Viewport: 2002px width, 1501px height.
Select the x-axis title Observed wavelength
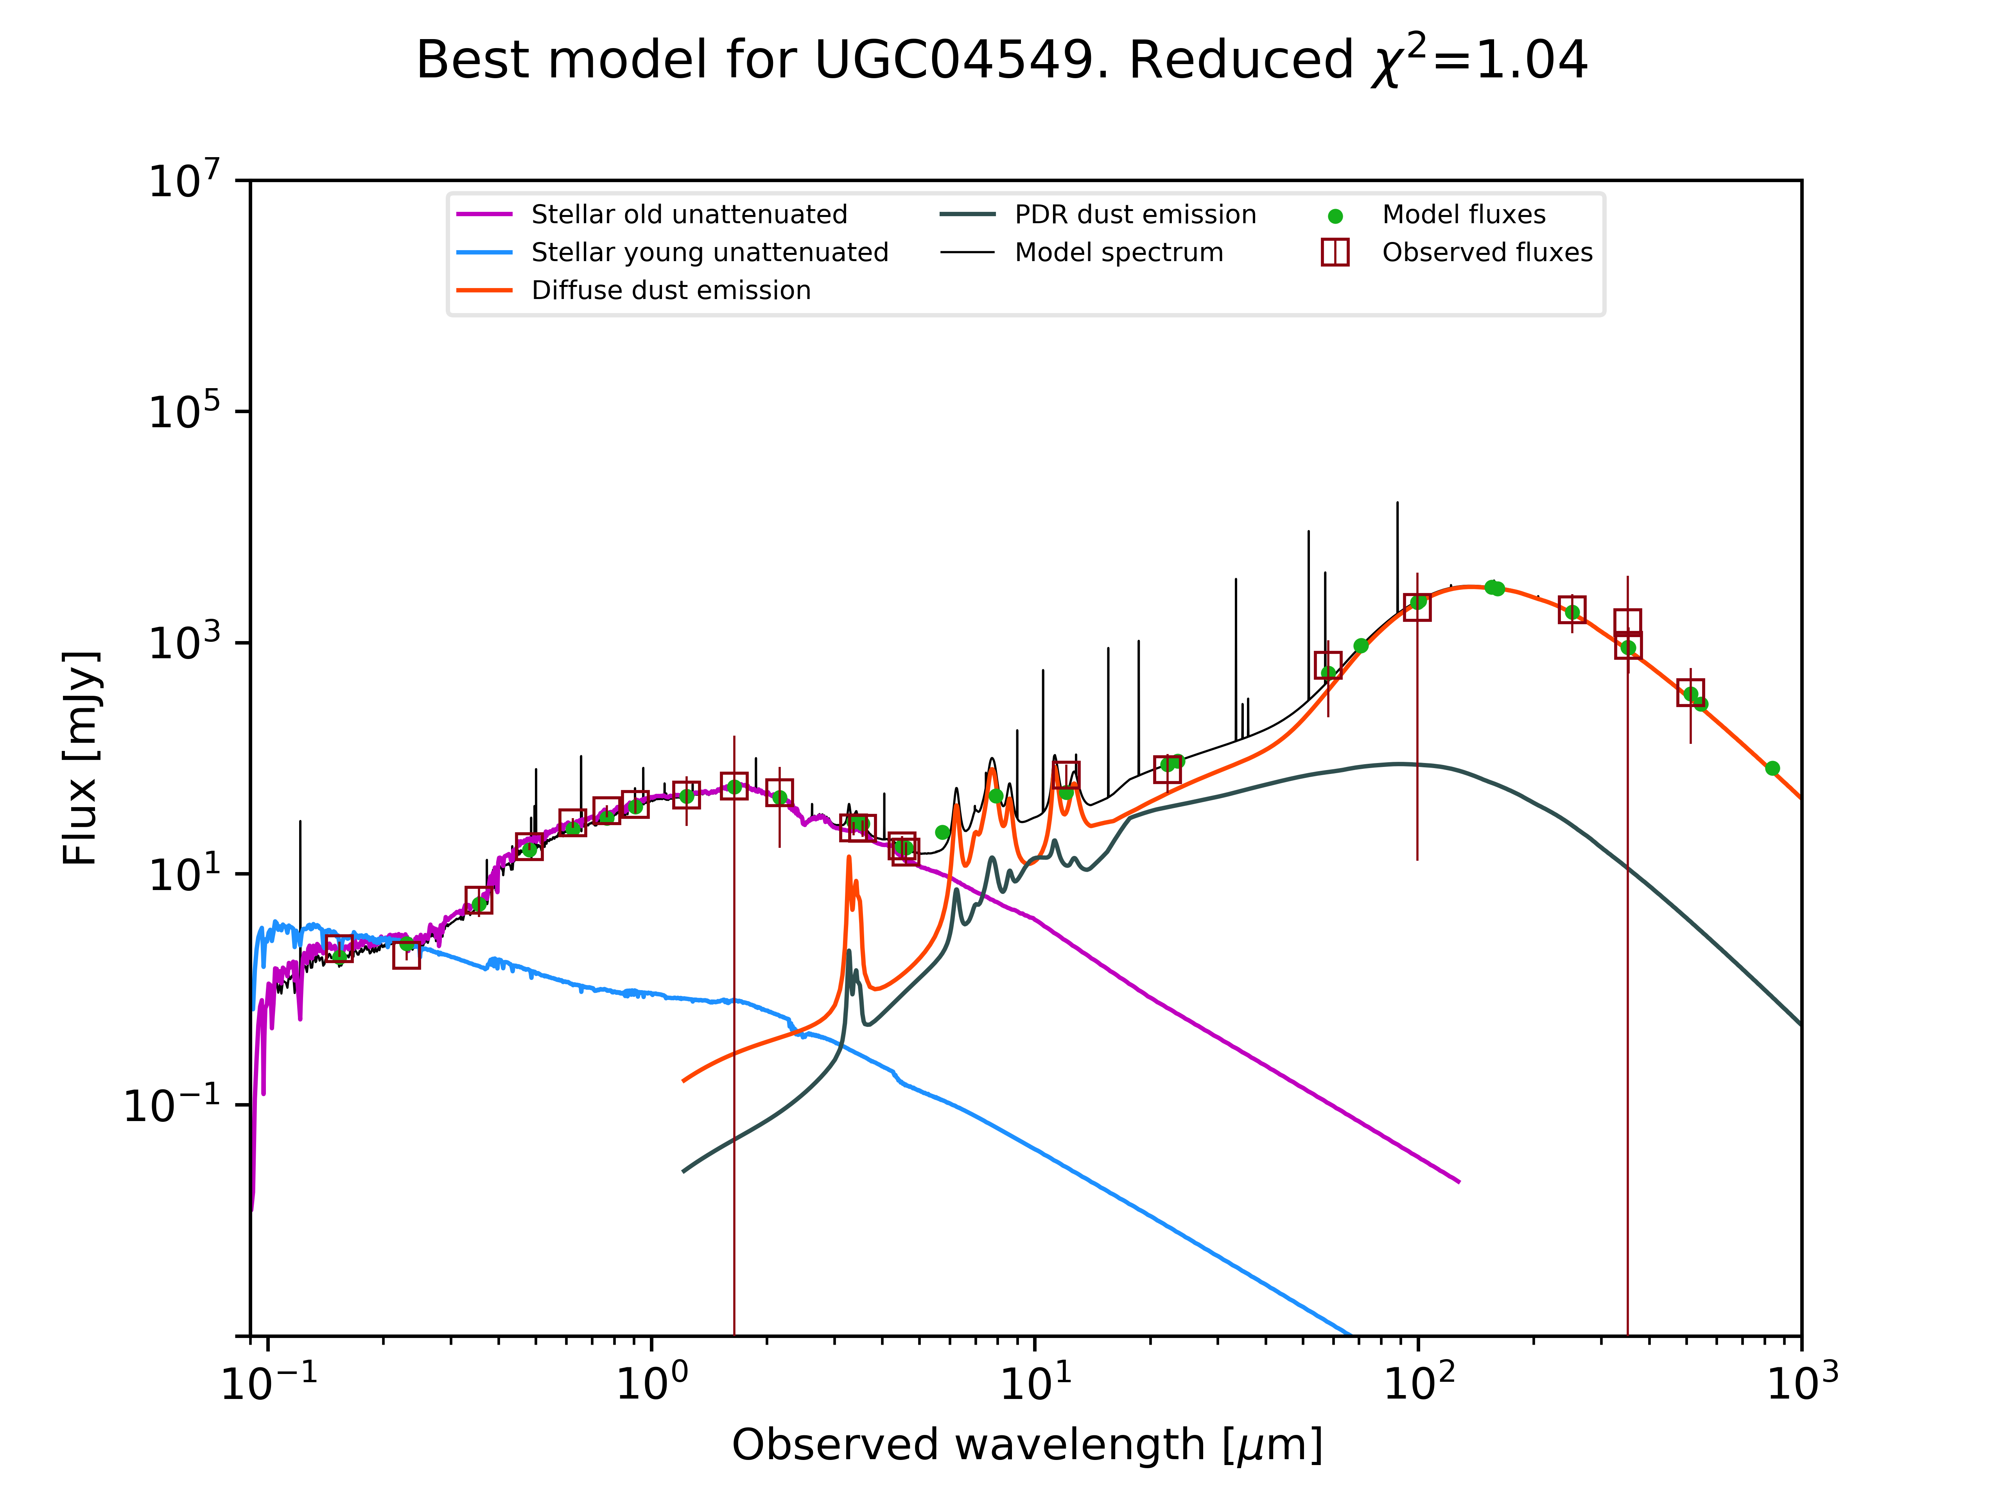1026,1445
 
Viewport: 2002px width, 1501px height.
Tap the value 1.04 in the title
1531,61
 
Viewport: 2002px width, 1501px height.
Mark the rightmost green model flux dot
1772,768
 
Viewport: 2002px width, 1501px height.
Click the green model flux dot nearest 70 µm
1360,646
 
